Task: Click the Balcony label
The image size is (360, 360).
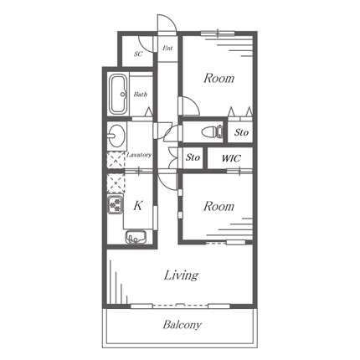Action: click(182, 325)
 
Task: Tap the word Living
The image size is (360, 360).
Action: click(182, 275)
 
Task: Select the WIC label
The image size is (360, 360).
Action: click(231, 158)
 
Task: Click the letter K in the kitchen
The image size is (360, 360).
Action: click(138, 206)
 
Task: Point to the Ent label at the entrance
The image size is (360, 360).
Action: click(167, 48)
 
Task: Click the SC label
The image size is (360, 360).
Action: click(138, 54)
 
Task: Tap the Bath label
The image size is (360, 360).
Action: click(141, 95)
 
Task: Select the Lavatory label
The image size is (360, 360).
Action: click(139, 155)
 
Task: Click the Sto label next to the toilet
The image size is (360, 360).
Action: click(241, 132)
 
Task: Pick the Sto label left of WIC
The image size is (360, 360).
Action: click(193, 157)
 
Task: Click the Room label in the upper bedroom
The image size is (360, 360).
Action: click(219, 78)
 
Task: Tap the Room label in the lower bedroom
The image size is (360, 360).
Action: click(219, 207)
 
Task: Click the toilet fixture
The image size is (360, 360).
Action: click(213, 131)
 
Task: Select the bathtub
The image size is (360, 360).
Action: click(118, 95)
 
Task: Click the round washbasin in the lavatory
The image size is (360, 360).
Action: click(116, 136)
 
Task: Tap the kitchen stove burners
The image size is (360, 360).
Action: click(116, 205)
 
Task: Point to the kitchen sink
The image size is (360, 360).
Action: click(136, 237)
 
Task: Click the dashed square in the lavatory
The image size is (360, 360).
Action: click(116, 160)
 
